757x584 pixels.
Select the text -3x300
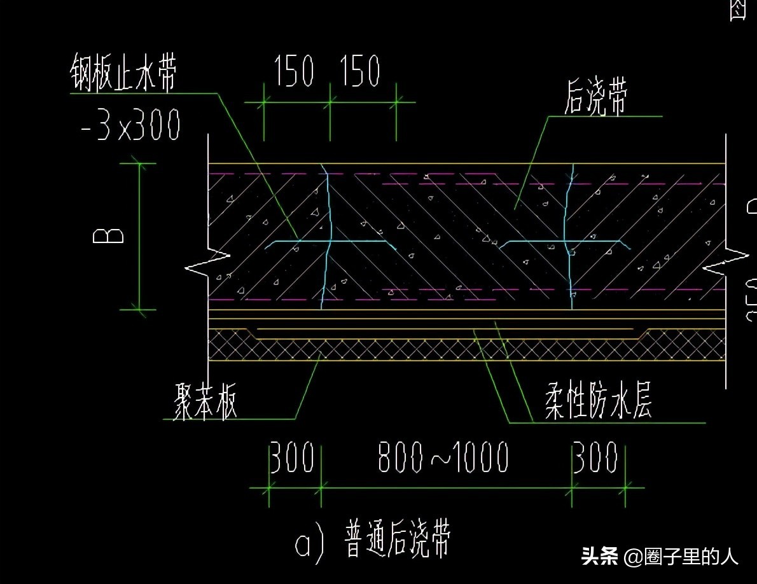tap(131, 125)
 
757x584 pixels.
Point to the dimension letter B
tap(108, 236)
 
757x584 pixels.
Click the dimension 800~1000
tap(443, 457)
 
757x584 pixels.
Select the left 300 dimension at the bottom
tap(291, 457)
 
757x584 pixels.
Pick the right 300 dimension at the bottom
tap(595, 457)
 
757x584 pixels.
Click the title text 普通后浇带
tap(398, 540)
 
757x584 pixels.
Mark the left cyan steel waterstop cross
tap(328, 242)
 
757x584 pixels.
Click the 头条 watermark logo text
tap(600, 557)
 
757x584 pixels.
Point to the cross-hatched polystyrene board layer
tap(445, 349)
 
